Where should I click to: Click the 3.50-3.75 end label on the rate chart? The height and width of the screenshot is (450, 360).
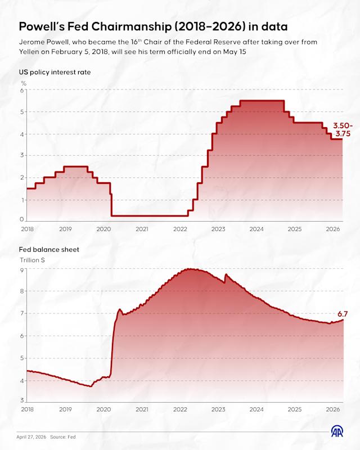click(343, 129)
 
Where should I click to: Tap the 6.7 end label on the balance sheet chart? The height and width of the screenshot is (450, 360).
click(343, 314)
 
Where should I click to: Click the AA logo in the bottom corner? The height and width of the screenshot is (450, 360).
click(337, 431)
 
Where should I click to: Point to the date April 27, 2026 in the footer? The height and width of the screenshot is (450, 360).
click(31, 437)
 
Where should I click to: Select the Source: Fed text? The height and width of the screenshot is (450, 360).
click(63, 437)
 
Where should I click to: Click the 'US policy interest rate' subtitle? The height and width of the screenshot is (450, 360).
click(55, 72)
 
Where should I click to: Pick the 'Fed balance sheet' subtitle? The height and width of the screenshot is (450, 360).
click(49, 249)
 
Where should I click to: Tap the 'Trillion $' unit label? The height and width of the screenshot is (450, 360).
click(32, 260)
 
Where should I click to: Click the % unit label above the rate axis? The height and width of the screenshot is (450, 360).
click(24, 83)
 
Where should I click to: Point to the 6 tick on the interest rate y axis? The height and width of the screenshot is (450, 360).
click(22, 90)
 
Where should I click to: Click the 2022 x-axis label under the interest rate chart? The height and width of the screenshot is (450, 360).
click(180, 229)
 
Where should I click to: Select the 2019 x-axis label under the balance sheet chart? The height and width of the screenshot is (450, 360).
click(65, 409)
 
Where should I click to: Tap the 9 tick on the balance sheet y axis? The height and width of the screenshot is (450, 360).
click(22, 270)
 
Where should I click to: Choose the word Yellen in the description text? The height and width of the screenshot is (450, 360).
click(29, 52)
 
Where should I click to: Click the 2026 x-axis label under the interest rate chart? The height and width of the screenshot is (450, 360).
click(333, 229)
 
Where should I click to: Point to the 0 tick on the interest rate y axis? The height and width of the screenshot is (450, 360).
click(22, 219)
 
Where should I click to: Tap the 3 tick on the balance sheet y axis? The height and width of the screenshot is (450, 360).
click(22, 400)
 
